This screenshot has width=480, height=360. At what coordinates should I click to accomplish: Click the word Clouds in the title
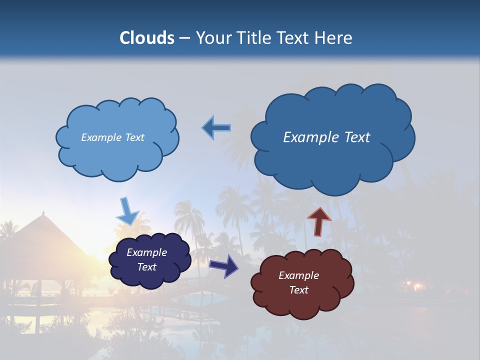point(147,38)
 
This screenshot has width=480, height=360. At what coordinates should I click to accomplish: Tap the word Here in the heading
point(334,38)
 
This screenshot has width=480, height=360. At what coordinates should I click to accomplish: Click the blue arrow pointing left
point(216,128)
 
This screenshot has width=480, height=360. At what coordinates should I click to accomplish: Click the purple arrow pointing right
point(223,266)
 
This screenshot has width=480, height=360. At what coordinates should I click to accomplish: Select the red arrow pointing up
point(319,221)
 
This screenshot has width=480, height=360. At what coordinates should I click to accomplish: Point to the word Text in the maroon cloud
point(298,290)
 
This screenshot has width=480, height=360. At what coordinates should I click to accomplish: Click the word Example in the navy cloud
point(146,252)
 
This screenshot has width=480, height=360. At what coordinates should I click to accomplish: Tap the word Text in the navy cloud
point(146,267)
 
